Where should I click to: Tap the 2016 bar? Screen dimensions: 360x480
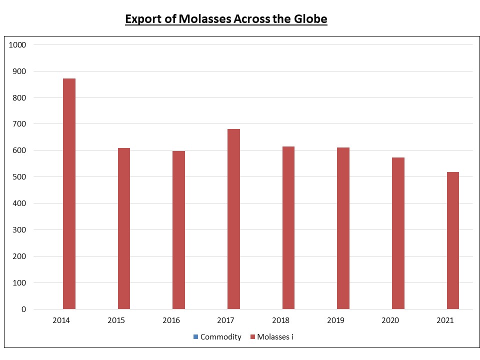(x=178, y=230)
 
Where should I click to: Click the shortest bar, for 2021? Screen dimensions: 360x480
(x=452, y=240)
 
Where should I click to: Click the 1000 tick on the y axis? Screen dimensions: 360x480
(x=17, y=45)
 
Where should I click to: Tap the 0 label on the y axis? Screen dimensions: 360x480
(x=23, y=309)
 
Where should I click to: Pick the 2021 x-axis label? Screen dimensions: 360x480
(x=444, y=320)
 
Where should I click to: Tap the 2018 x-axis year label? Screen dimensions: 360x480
(x=280, y=320)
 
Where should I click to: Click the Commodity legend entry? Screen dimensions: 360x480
(x=220, y=337)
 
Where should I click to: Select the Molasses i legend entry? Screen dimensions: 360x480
(x=275, y=337)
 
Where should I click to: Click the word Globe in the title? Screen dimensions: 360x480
(x=311, y=19)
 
